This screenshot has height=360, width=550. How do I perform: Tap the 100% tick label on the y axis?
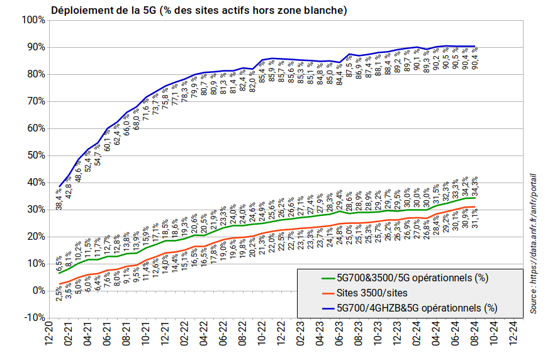tap(33, 20)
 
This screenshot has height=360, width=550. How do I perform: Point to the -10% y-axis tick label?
tap(33, 317)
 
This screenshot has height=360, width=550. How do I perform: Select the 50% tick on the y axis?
tap(35, 155)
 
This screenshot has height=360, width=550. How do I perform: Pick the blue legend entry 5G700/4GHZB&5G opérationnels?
tap(417, 308)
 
